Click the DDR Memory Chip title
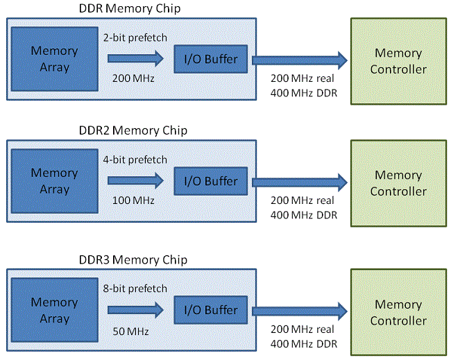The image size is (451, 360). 130,8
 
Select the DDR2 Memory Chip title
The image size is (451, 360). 133,130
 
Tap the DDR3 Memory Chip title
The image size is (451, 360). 133,260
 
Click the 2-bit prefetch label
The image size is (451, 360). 135,37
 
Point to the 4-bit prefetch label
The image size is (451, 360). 135,160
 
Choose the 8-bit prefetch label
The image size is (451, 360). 135,289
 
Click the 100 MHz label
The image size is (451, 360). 133,200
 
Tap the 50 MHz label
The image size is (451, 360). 131,332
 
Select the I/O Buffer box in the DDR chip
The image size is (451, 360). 210,59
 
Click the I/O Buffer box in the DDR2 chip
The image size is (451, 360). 210,181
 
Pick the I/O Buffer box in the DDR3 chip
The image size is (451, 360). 210,310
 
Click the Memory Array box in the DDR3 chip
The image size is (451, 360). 55,310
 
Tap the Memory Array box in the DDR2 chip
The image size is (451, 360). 55,181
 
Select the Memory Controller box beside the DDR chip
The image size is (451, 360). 398,61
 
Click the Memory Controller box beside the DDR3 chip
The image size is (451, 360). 398,312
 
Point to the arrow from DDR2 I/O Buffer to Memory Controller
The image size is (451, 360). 300,182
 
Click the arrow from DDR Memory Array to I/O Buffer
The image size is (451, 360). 135,59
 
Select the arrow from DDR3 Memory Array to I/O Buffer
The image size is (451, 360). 135,310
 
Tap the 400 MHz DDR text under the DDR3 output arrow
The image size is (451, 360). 304,344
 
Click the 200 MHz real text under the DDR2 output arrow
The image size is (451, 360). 303,200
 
